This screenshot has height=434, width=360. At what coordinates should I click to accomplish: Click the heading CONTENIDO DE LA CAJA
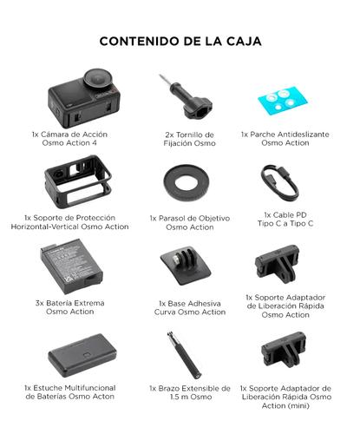point(180,41)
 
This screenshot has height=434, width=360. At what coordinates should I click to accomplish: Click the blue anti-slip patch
point(284,101)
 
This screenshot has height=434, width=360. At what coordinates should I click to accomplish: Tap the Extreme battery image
point(67,265)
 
